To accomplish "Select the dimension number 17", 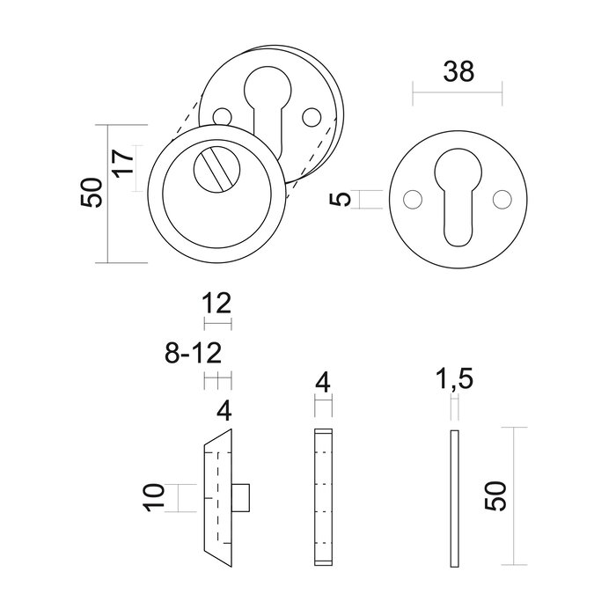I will point(124,165).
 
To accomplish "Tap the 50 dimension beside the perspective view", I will point(91,193).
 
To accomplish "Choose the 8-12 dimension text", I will point(193,354).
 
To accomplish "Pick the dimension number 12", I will point(216,304).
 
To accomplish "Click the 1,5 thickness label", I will point(455,381).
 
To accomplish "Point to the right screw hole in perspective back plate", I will point(309,116).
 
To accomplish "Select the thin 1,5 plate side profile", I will point(454,499).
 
